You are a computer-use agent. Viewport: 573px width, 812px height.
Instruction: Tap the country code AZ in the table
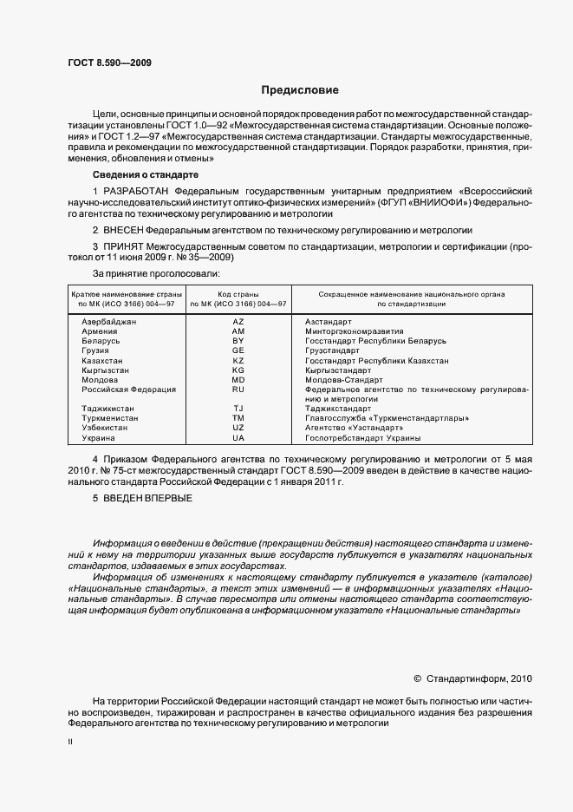(238, 322)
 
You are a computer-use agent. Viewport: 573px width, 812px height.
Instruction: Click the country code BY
(238, 341)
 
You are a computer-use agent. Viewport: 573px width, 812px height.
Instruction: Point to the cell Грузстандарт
(332, 350)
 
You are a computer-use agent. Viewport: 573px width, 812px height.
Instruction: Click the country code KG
(238, 370)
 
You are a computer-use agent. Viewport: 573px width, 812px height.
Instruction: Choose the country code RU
(238, 390)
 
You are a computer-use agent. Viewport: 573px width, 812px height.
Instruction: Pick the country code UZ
(238, 428)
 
